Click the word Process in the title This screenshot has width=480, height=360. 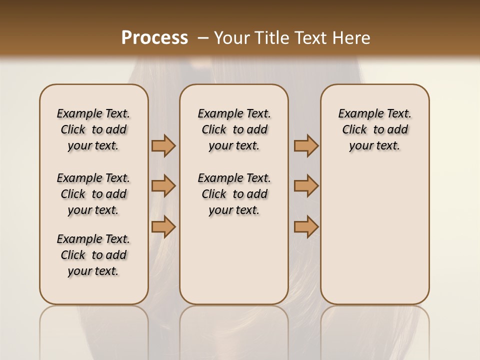tap(154, 37)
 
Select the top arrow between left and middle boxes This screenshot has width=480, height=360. tap(163, 145)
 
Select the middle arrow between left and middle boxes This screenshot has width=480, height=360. tap(163, 186)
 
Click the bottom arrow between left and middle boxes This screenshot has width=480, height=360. tap(163, 226)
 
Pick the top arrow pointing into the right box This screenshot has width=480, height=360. tap(306, 145)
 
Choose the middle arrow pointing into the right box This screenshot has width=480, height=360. tap(306, 186)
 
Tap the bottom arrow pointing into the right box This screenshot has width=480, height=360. tap(306, 226)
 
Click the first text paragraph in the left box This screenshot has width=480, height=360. tap(93, 129)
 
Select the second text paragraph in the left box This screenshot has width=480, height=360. tap(93, 194)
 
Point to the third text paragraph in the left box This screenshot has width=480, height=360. tap(93, 255)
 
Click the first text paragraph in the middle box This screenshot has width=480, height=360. tap(234, 129)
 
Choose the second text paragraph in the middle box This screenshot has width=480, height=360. tap(234, 194)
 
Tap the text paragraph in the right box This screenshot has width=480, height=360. tap(374, 129)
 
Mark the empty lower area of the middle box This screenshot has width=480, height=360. tap(234, 260)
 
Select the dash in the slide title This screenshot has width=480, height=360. tap(202, 38)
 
